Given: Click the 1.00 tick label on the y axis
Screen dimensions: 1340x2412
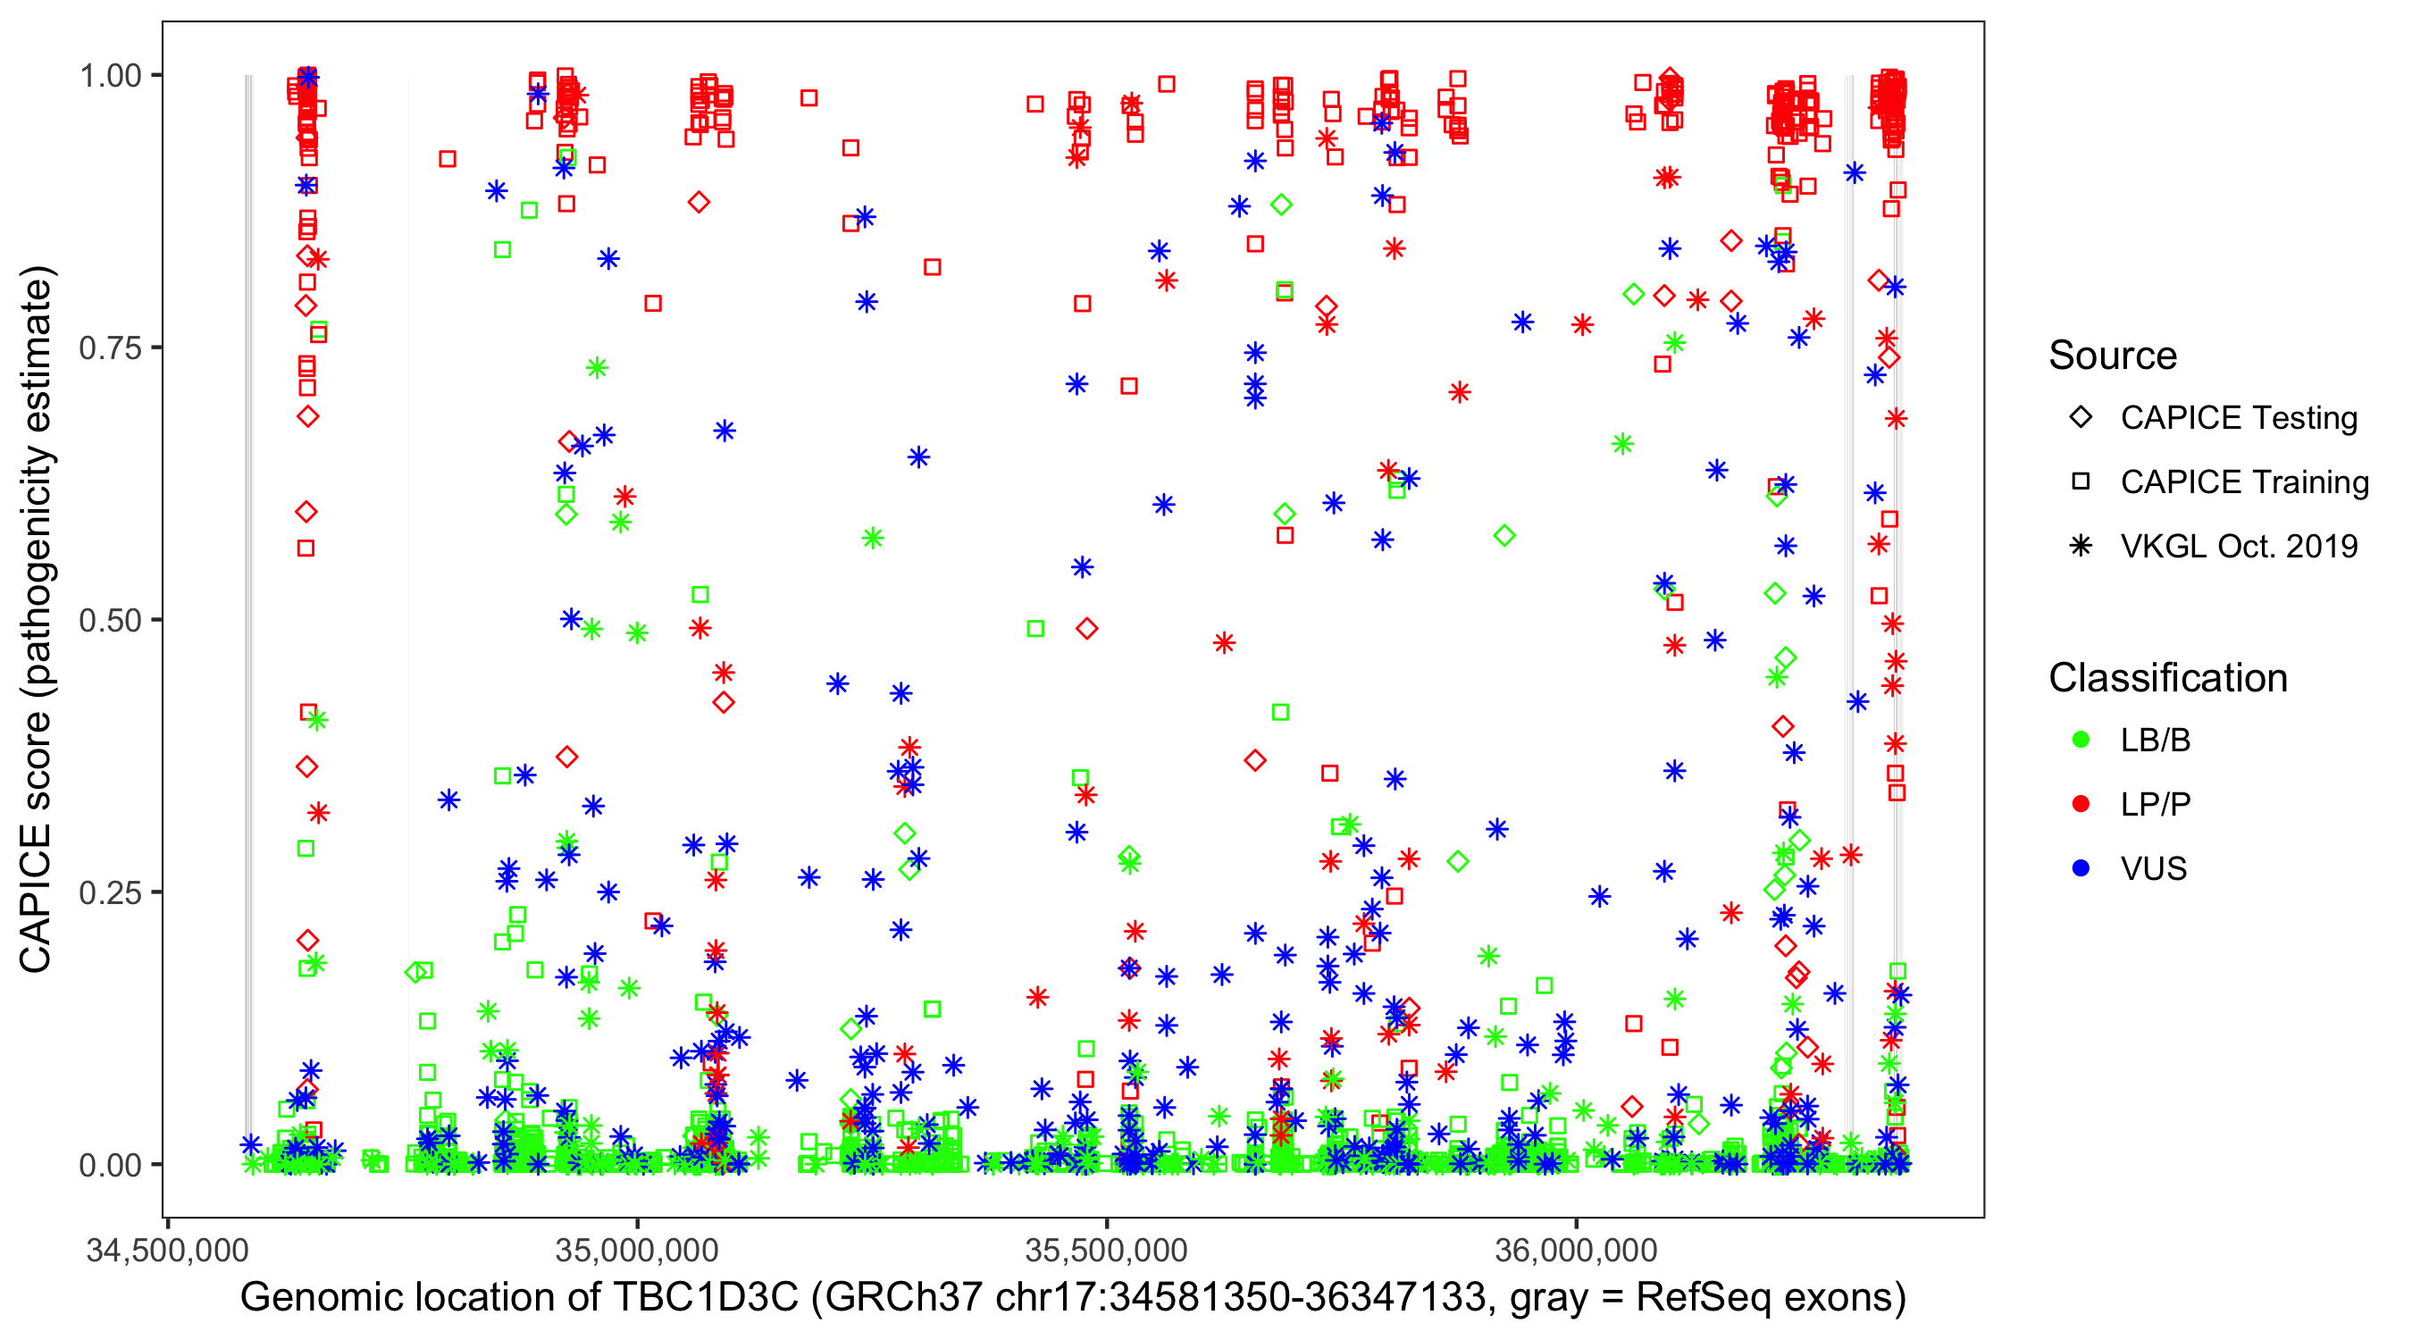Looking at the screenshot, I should point(110,76).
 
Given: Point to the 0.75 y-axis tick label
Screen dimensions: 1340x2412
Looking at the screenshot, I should point(110,348).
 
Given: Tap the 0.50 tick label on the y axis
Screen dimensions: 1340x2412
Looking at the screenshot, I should point(110,620).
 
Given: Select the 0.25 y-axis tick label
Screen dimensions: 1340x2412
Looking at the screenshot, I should point(110,892).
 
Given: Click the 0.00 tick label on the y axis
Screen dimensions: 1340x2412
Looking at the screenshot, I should point(110,1165).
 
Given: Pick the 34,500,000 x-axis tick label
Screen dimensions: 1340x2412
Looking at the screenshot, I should point(168,1250).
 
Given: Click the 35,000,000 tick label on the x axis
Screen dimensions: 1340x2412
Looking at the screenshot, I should point(637,1250).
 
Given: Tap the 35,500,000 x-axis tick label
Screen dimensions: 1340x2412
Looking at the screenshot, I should point(1107,1250).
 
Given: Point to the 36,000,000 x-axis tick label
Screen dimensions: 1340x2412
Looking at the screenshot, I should point(1577,1250).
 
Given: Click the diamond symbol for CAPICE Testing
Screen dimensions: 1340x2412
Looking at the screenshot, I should point(2081,418).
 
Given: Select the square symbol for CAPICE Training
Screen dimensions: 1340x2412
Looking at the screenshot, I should point(2081,482).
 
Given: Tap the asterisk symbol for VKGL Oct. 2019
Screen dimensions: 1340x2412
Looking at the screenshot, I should point(2081,546).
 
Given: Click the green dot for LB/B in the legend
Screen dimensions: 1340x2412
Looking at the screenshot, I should point(2081,740).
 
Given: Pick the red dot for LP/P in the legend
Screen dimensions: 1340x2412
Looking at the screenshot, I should point(2081,804).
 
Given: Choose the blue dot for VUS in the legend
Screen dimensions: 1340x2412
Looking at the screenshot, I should point(2081,869).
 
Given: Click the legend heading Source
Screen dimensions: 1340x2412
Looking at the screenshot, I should point(2113,356).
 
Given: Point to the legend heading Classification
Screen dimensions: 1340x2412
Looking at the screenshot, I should point(2167,678).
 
